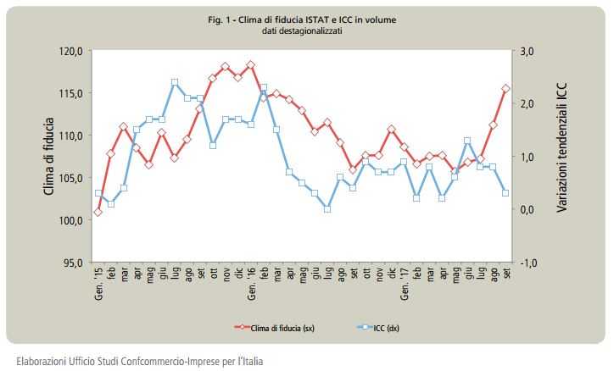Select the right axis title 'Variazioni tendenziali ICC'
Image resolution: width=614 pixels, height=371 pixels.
pos(561,158)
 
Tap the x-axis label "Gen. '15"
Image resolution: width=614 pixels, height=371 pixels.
pos(98,281)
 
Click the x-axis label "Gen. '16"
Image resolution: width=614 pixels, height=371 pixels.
pos(251,281)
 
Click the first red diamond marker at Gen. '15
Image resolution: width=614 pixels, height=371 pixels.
pos(98,212)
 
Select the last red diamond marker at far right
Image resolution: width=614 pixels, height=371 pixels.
pos(505,88)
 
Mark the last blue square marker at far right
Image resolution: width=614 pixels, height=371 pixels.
pos(505,193)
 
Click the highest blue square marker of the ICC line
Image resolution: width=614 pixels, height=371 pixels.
pos(174,82)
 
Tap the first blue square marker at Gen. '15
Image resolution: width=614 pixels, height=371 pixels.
pos(98,193)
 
